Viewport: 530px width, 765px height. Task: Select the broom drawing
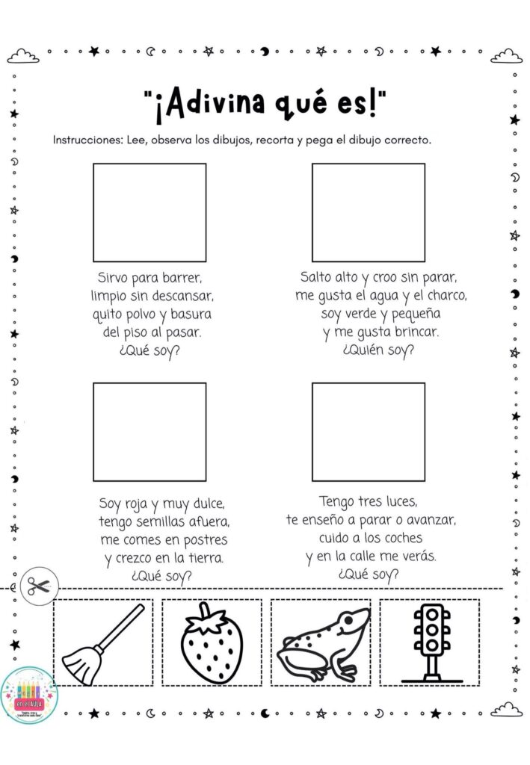pyautogui.click(x=102, y=642)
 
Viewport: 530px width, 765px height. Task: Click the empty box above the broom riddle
pyautogui.click(x=150, y=212)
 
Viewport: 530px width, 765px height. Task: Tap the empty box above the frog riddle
pyautogui.click(x=369, y=212)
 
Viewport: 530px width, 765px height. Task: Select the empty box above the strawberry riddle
pyautogui.click(x=150, y=431)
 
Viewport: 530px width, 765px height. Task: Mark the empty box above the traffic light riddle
pyautogui.click(x=369, y=431)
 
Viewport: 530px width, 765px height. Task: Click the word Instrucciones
pyautogui.click(x=82, y=140)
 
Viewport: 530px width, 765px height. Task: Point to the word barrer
pyautogui.click(x=182, y=278)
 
